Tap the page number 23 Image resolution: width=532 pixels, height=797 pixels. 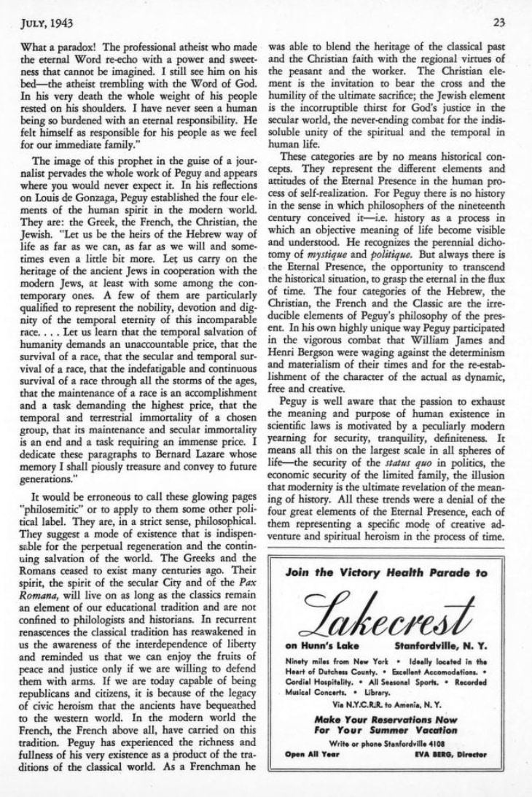coord(499,22)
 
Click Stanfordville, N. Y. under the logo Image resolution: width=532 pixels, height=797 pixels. coord(441,647)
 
